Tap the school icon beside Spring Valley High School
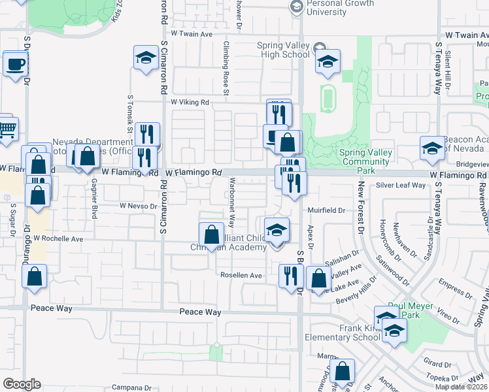tap(327, 62)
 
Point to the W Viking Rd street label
tap(190, 103)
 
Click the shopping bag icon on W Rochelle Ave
tap(211, 235)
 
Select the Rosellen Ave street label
tap(241, 276)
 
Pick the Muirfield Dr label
tap(327, 210)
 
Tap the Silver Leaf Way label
tap(401, 186)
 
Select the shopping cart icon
tap(7, 129)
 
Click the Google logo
tap(22, 384)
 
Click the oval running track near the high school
tap(328, 98)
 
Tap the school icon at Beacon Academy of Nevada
tap(431, 150)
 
